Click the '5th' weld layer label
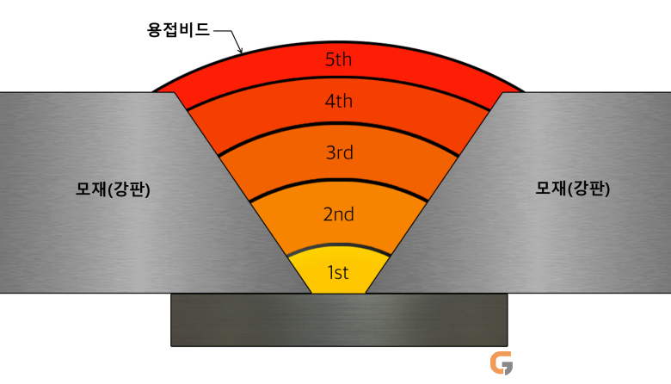click(x=338, y=59)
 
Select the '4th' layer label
click(x=338, y=101)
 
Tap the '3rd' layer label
click(x=339, y=152)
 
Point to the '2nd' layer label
click(x=338, y=214)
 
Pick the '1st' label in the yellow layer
click(x=338, y=272)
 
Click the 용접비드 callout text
click(x=178, y=29)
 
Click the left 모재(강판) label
click(x=113, y=189)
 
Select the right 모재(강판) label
click(x=573, y=188)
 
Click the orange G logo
click(x=502, y=363)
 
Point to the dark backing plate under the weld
click(x=339, y=319)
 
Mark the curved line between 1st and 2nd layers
click(x=338, y=245)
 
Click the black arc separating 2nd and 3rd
click(x=338, y=180)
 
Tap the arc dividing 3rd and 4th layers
click(x=338, y=124)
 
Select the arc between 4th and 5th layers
click(x=338, y=77)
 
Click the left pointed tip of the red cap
click(x=153, y=91)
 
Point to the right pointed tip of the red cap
click(x=525, y=91)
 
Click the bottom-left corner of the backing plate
click(x=171, y=346)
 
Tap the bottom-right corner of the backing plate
click(x=508, y=346)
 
